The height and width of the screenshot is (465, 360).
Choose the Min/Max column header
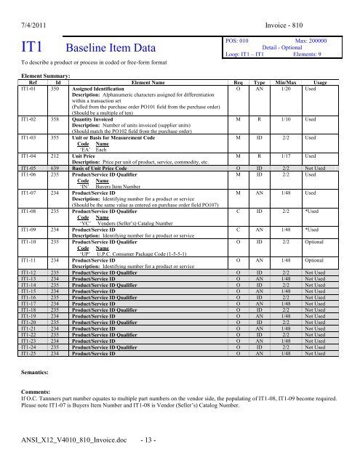pos(286,83)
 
